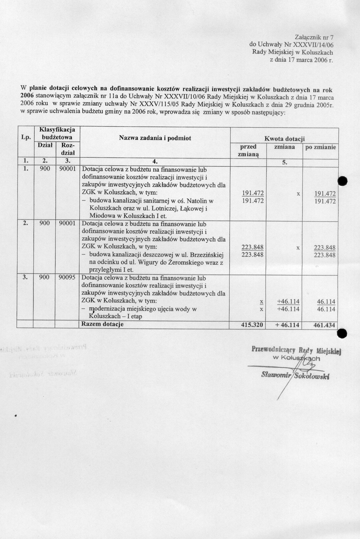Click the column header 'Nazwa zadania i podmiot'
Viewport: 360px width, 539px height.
(x=155, y=138)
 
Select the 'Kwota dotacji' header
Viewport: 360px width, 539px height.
(x=284, y=139)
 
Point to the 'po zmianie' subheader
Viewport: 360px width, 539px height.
(x=321, y=147)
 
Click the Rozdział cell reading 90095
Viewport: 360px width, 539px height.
(x=67, y=277)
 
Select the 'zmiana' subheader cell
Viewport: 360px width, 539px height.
(x=284, y=147)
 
